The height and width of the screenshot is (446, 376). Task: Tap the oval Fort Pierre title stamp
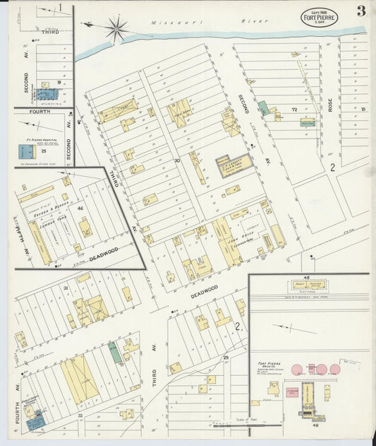320,16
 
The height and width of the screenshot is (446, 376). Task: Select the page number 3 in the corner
360,11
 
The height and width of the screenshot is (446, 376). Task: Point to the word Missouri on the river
166,23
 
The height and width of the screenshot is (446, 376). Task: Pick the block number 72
293,110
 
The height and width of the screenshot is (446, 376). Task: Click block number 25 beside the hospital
44,151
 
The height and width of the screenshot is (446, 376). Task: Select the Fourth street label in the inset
40,112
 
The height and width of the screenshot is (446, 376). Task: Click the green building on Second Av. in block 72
262,107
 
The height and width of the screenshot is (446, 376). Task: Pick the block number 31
66,288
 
